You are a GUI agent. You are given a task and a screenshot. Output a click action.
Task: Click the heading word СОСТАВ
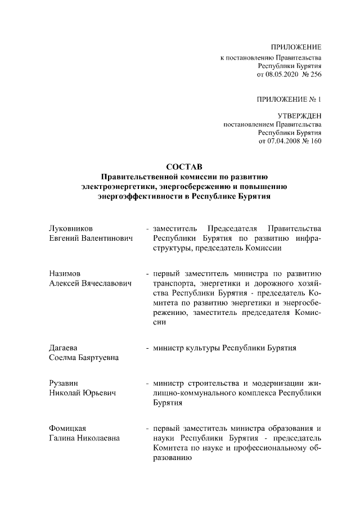point(184,167)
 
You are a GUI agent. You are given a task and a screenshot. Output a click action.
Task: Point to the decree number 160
point(314,141)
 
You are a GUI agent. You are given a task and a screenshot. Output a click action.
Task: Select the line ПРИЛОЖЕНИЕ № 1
point(289,99)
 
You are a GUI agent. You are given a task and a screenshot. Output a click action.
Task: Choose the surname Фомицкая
point(68,429)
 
